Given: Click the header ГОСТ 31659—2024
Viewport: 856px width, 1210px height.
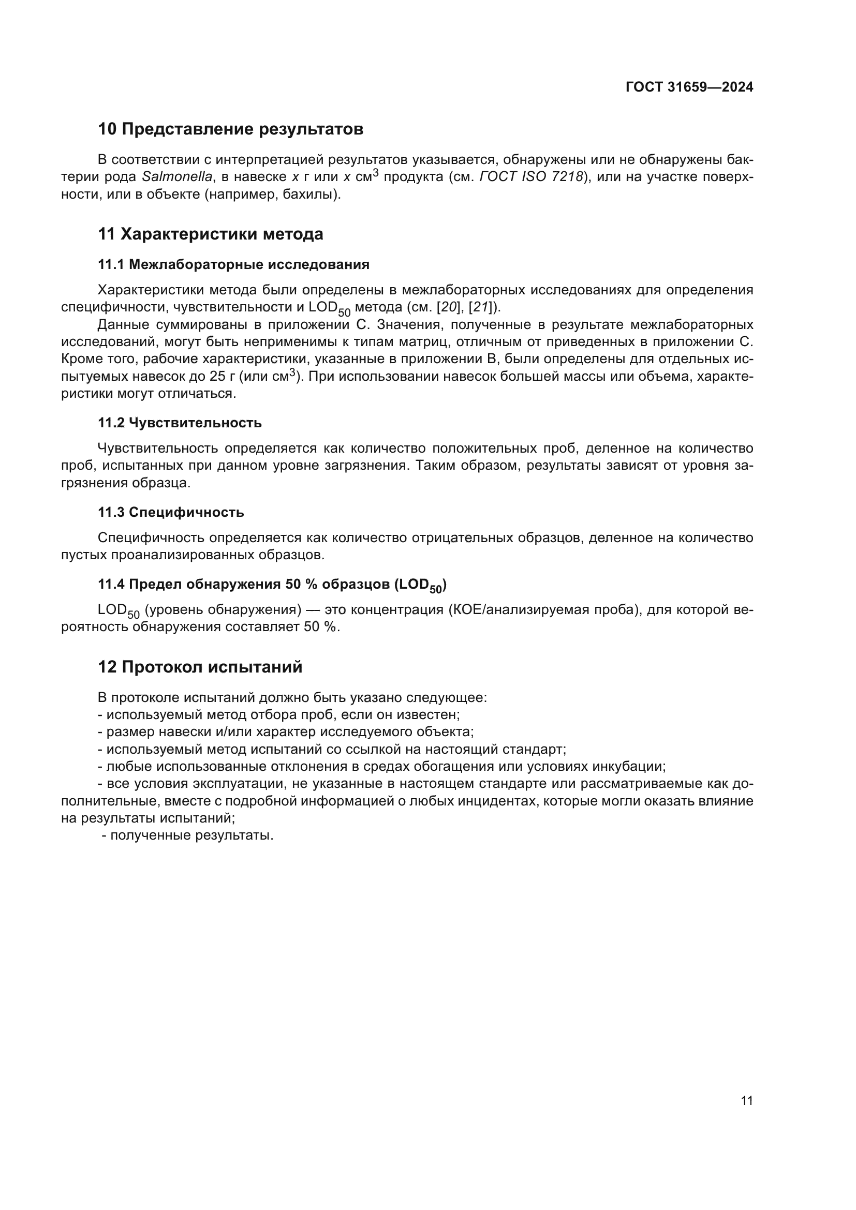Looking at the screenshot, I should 689,87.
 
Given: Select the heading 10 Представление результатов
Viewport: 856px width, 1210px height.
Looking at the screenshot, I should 230,129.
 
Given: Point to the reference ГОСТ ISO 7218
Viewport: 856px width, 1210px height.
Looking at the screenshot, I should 531,177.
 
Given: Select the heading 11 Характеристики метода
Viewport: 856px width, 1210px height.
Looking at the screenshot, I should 210,234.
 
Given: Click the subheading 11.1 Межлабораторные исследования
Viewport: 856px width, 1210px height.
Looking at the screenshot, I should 233,264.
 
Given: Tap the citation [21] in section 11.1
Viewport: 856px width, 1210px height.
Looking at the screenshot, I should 480,307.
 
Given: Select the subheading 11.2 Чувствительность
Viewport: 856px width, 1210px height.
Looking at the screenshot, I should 180,423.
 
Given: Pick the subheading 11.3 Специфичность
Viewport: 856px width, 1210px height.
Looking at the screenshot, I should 171,512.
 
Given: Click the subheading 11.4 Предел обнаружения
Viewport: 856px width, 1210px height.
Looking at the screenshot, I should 272,585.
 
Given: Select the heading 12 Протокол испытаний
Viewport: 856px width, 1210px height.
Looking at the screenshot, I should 200,667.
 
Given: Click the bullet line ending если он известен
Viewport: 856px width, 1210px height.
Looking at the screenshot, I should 279,714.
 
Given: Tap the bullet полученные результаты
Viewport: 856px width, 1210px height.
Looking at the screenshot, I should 188,835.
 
